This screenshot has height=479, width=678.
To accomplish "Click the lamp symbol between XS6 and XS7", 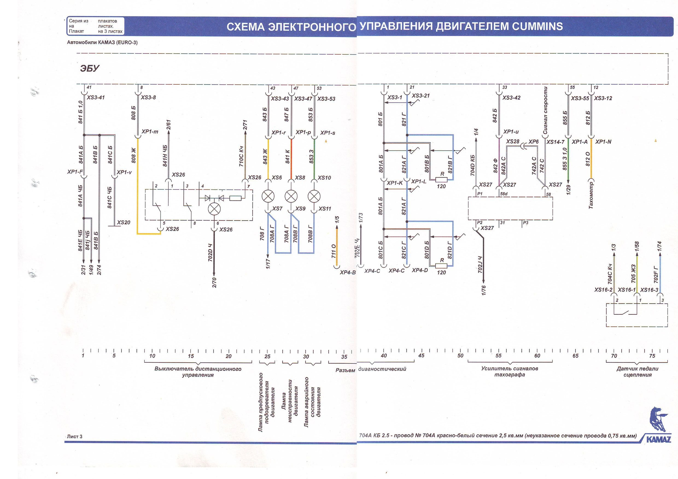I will point(268,196).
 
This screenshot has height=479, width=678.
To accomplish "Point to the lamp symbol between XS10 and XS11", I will point(314,196).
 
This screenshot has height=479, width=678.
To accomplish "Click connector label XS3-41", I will point(95,97).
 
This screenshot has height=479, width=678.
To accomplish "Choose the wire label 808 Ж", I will point(133,155).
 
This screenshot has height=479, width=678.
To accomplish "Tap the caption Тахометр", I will point(591,195).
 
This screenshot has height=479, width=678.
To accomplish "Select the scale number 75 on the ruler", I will point(652,356).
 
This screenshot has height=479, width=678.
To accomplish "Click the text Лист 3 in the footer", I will point(74,436).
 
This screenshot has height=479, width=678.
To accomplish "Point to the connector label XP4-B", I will point(347,272).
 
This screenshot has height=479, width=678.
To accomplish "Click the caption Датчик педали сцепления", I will point(637,372).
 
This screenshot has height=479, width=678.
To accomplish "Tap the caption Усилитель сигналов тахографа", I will point(509,371).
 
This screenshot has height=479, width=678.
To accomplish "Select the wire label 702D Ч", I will point(210,253).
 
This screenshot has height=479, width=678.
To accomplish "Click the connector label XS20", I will point(123,222).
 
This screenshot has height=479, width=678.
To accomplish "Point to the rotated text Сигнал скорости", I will point(545,111).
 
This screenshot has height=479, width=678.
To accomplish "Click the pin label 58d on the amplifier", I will point(504,194).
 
